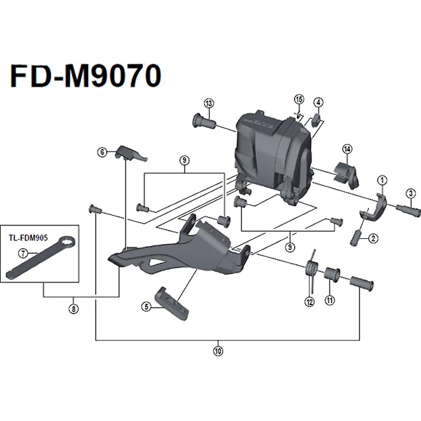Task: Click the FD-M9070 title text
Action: (84, 76)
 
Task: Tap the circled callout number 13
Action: (209, 104)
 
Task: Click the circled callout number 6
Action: (102, 152)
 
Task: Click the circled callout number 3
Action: (410, 193)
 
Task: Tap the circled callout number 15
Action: (299, 99)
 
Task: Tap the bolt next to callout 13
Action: (203, 120)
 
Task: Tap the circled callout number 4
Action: (319, 102)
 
